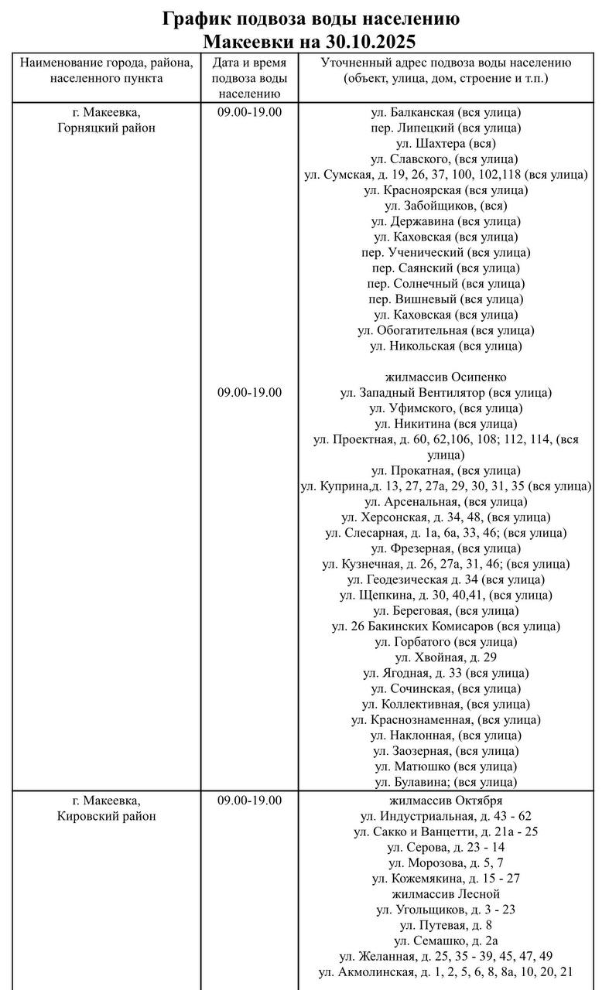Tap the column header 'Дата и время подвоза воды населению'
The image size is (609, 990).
click(x=249, y=78)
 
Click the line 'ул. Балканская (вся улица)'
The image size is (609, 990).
click(x=446, y=112)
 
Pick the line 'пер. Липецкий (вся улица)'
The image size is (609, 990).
click(x=446, y=128)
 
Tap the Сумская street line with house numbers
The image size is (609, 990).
click(x=446, y=175)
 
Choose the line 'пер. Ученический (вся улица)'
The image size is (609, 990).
click(x=446, y=252)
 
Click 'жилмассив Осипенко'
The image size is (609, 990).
click(x=446, y=377)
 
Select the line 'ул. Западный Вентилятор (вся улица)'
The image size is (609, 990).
click(x=446, y=393)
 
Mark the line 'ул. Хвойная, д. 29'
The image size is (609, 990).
click(x=446, y=657)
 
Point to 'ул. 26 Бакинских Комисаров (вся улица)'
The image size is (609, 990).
click(x=446, y=626)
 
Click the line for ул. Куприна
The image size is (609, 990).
click(x=446, y=486)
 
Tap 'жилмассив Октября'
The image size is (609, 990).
click(x=446, y=801)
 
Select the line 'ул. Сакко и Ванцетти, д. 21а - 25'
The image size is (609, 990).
click(x=446, y=831)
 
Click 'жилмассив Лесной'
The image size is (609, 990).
click(x=446, y=894)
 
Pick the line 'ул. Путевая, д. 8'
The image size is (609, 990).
click(x=446, y=925)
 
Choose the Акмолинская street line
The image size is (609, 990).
click(x=446, y=971)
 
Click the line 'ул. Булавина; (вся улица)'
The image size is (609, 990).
click(x=446, y=782)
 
